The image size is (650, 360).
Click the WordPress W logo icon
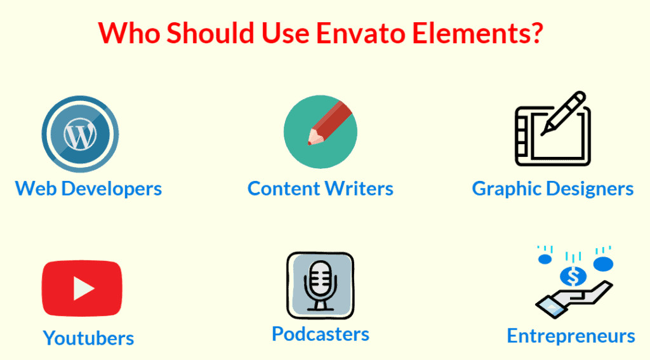[x=80, y=134]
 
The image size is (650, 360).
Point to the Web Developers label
[x=88, y=189]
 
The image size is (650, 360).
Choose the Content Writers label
[x=321, y=189]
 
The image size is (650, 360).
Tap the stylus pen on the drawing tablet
[x=563, y=113]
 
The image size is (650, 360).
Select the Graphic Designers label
[x=553, y=189]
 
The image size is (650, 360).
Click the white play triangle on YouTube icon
[x=83, y=288]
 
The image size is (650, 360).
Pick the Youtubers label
[x=88, y=338]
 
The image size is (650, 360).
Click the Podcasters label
[x=321, y=334]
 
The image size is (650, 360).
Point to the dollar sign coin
[x=573, y=276]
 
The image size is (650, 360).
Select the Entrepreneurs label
[x=571, y=336]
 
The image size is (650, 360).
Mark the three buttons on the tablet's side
[x=522, y=135]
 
